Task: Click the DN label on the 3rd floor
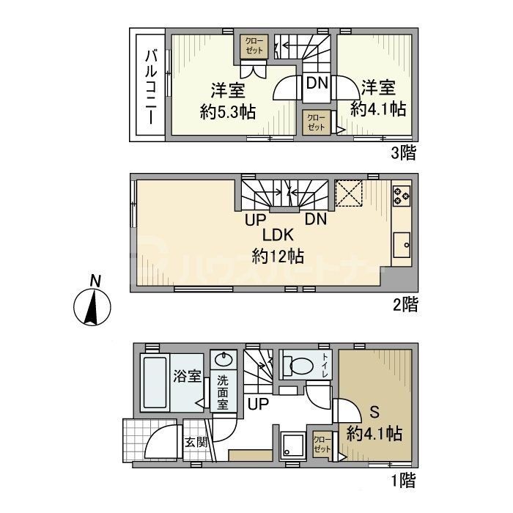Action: pyautogui.click(x=317, y=83)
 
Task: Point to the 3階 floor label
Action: pyautogui.click(x=403, y=153)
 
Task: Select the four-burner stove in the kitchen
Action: pyautogui.click(x=402, y=195)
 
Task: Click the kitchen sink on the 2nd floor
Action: pyautogui.click(x=402, y=244)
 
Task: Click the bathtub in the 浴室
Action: pyautogui.click(x=154, y=383)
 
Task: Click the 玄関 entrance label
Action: pyautogui.click(x=194, y=441)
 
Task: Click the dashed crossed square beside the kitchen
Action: pyautogui.click(x=349, y=193)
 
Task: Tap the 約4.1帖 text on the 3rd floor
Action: pyautogui.click(x=378, y=110)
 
